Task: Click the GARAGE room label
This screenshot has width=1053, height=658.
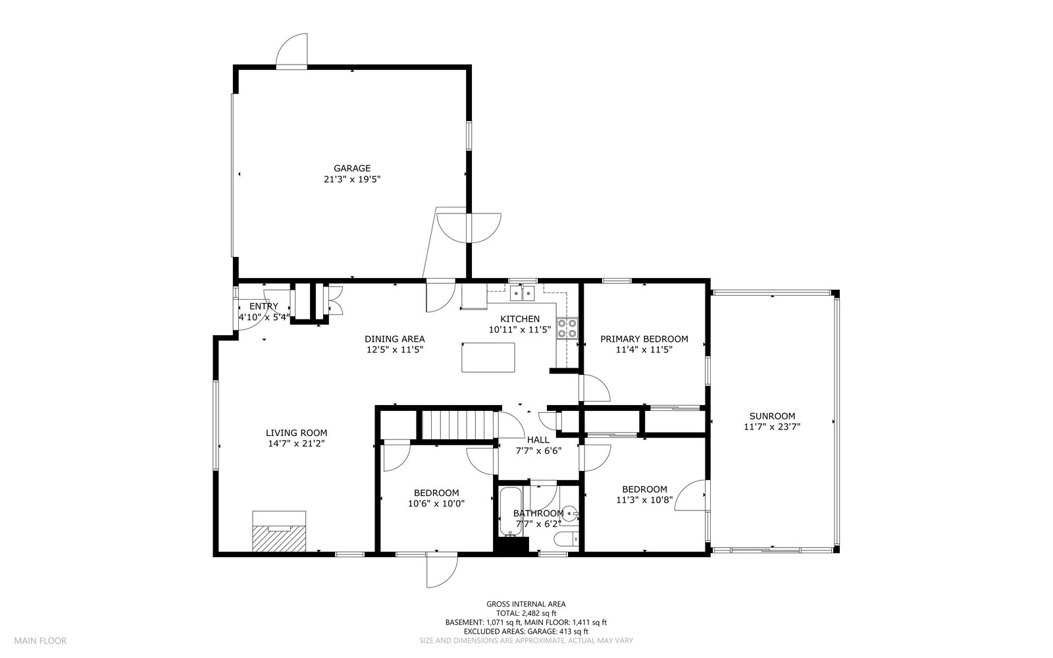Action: (x=351, y=168)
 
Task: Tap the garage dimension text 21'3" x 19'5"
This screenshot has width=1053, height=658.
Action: (x=352, y=178)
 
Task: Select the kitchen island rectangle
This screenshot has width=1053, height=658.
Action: (x=488, y=358)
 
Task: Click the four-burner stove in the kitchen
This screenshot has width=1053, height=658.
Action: (x=567, y=328)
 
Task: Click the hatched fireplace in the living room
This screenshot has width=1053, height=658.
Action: (x=280, y=531)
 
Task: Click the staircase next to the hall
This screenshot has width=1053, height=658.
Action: (x=457, y=425)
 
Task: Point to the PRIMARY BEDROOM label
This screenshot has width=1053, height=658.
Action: (x=644, y=339)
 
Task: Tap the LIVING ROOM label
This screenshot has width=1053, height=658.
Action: (x=296, y=433)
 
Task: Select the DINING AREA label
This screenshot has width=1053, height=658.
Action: (x=394, y=339)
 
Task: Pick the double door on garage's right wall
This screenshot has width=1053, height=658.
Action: (x=469, y=227)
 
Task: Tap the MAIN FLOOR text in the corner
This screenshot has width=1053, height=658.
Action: (x=41, y=640)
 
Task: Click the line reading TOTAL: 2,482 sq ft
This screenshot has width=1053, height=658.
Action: (x=525, y=613)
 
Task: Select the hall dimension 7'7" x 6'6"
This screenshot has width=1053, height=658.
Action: (x=538, y=451)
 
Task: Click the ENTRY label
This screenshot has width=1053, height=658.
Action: (x=263, y=306)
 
